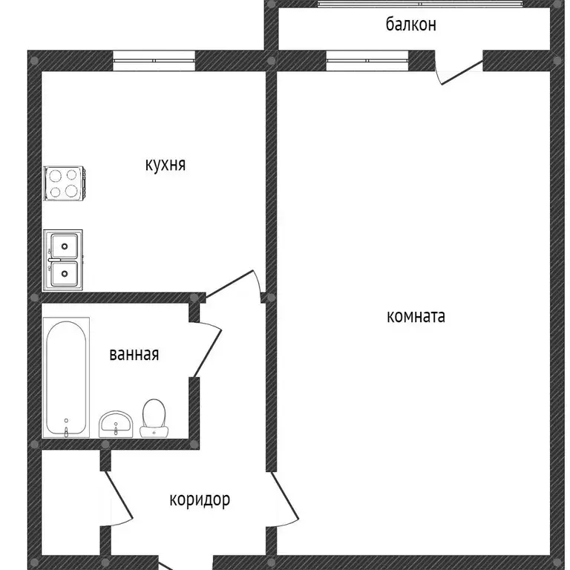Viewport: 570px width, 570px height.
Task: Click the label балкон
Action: (410, 24)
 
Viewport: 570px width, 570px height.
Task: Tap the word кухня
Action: (165, 165)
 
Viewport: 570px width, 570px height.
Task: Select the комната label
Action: (416, 317)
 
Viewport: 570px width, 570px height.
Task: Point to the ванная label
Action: (134, 355)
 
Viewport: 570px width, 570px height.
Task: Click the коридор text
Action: (200, 500)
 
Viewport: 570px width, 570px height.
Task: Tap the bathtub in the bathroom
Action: (66, 377)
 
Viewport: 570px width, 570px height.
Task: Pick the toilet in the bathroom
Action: (154, 417)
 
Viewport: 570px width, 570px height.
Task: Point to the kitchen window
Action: (154, 61)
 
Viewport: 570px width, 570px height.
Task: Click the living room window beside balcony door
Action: (367, 61)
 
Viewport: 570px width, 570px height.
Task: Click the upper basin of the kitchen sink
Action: (65, 244)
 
